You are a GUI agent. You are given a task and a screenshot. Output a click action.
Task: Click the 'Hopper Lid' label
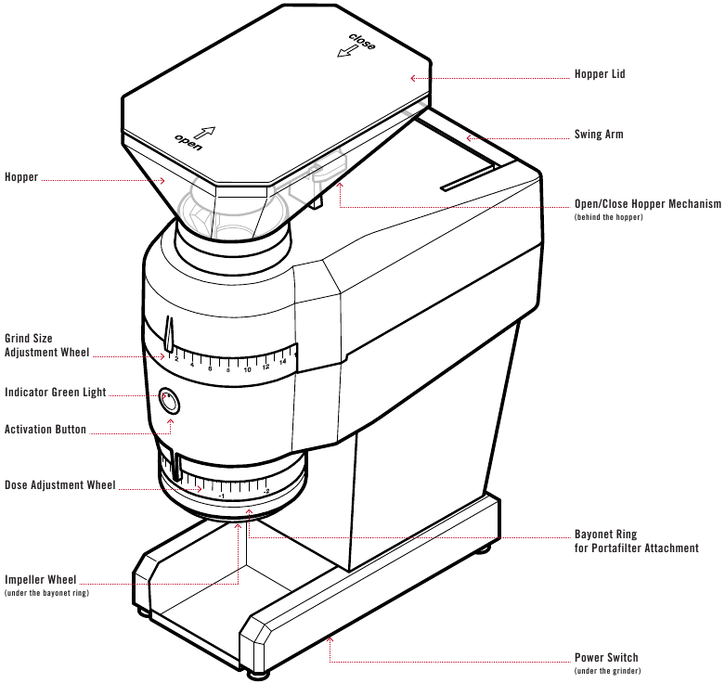pyautogui.click(x=600, y=74)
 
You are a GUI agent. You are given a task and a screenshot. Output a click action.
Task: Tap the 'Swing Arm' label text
pyautogui.click(x=599, y=135)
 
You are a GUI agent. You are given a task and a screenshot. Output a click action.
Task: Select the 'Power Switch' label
pyautogui.click(x=605, y=658)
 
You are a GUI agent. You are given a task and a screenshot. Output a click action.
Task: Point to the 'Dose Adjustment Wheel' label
pyautogui.click(x=60, y=485)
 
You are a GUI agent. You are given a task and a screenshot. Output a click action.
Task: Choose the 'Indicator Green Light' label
pyautogui.click(x=56, y=393)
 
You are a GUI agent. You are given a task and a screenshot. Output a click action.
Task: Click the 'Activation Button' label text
pyautogui.click(x=45, y=430)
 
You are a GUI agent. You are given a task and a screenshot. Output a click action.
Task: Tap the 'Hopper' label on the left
pyautogui.click(x=21, y=177)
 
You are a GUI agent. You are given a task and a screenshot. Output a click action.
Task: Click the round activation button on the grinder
pyautogui.click(x=170, y=402)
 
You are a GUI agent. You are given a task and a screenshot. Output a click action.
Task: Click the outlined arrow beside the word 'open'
pyautogui.click(x=205, y=135)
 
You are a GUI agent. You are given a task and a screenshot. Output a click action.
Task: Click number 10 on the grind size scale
pyautogui.click(x=247, y=369)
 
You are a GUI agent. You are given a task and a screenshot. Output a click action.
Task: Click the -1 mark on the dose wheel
pyautogui.click(x=221, y=496)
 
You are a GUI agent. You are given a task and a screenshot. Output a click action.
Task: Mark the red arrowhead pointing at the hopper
pyautogui.click(x=163, y=180)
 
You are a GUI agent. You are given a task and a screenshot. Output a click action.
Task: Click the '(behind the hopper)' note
pyautogui.click(x=608, y=217)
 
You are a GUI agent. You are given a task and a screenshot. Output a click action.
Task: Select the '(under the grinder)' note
pyautogui.click(x=607, y=671)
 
